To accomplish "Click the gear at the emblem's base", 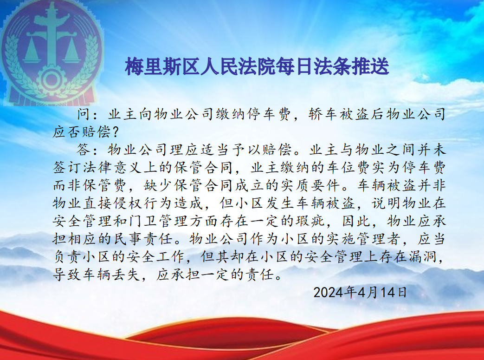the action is point(51,80).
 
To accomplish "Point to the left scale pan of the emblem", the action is point(32,52).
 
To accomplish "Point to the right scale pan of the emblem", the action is point(72,52).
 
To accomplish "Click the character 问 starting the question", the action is point(84,114).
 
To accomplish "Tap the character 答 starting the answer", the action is point(84,150).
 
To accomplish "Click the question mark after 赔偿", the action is point(115,132).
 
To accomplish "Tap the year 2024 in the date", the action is point(329,292).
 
